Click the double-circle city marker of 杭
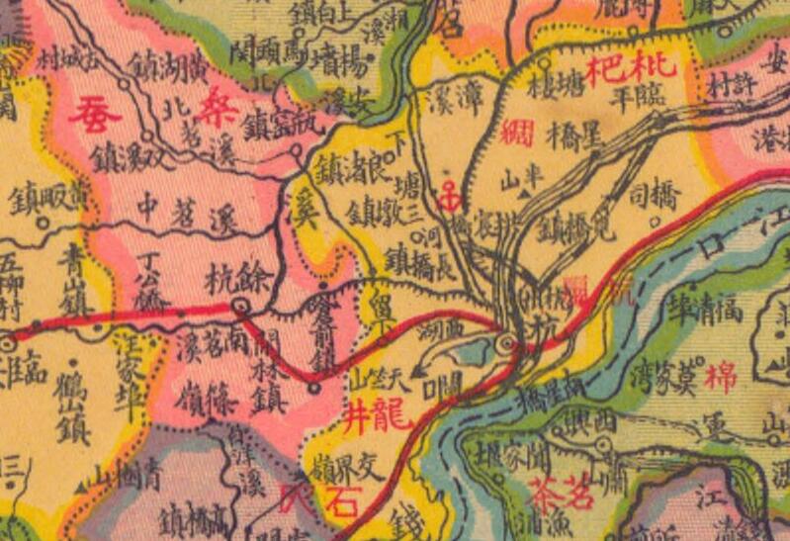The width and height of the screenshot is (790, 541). point(507,343)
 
